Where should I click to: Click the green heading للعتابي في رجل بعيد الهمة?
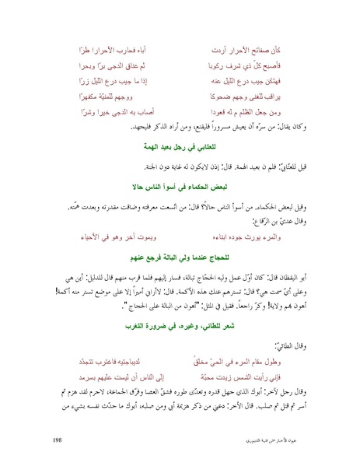[180, 145]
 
